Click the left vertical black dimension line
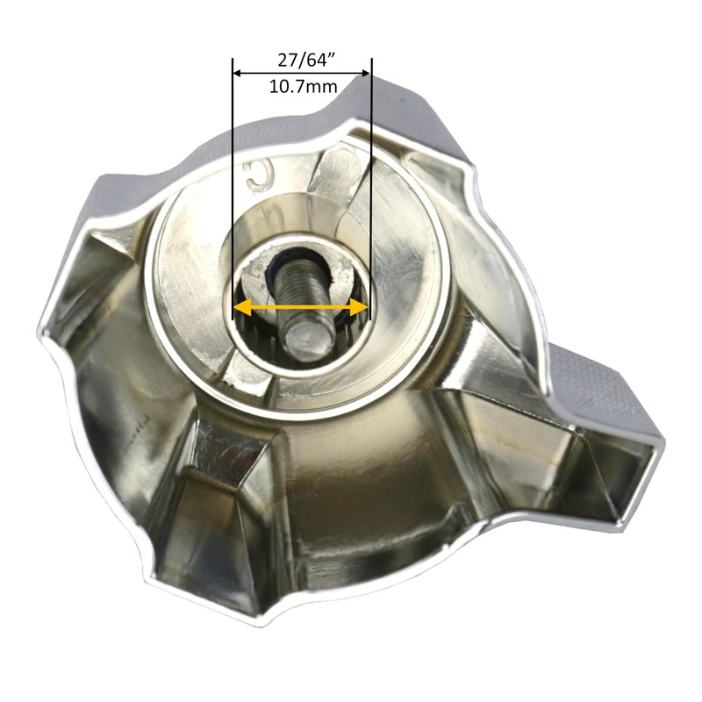click(233, 175)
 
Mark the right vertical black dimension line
click(372, 175)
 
